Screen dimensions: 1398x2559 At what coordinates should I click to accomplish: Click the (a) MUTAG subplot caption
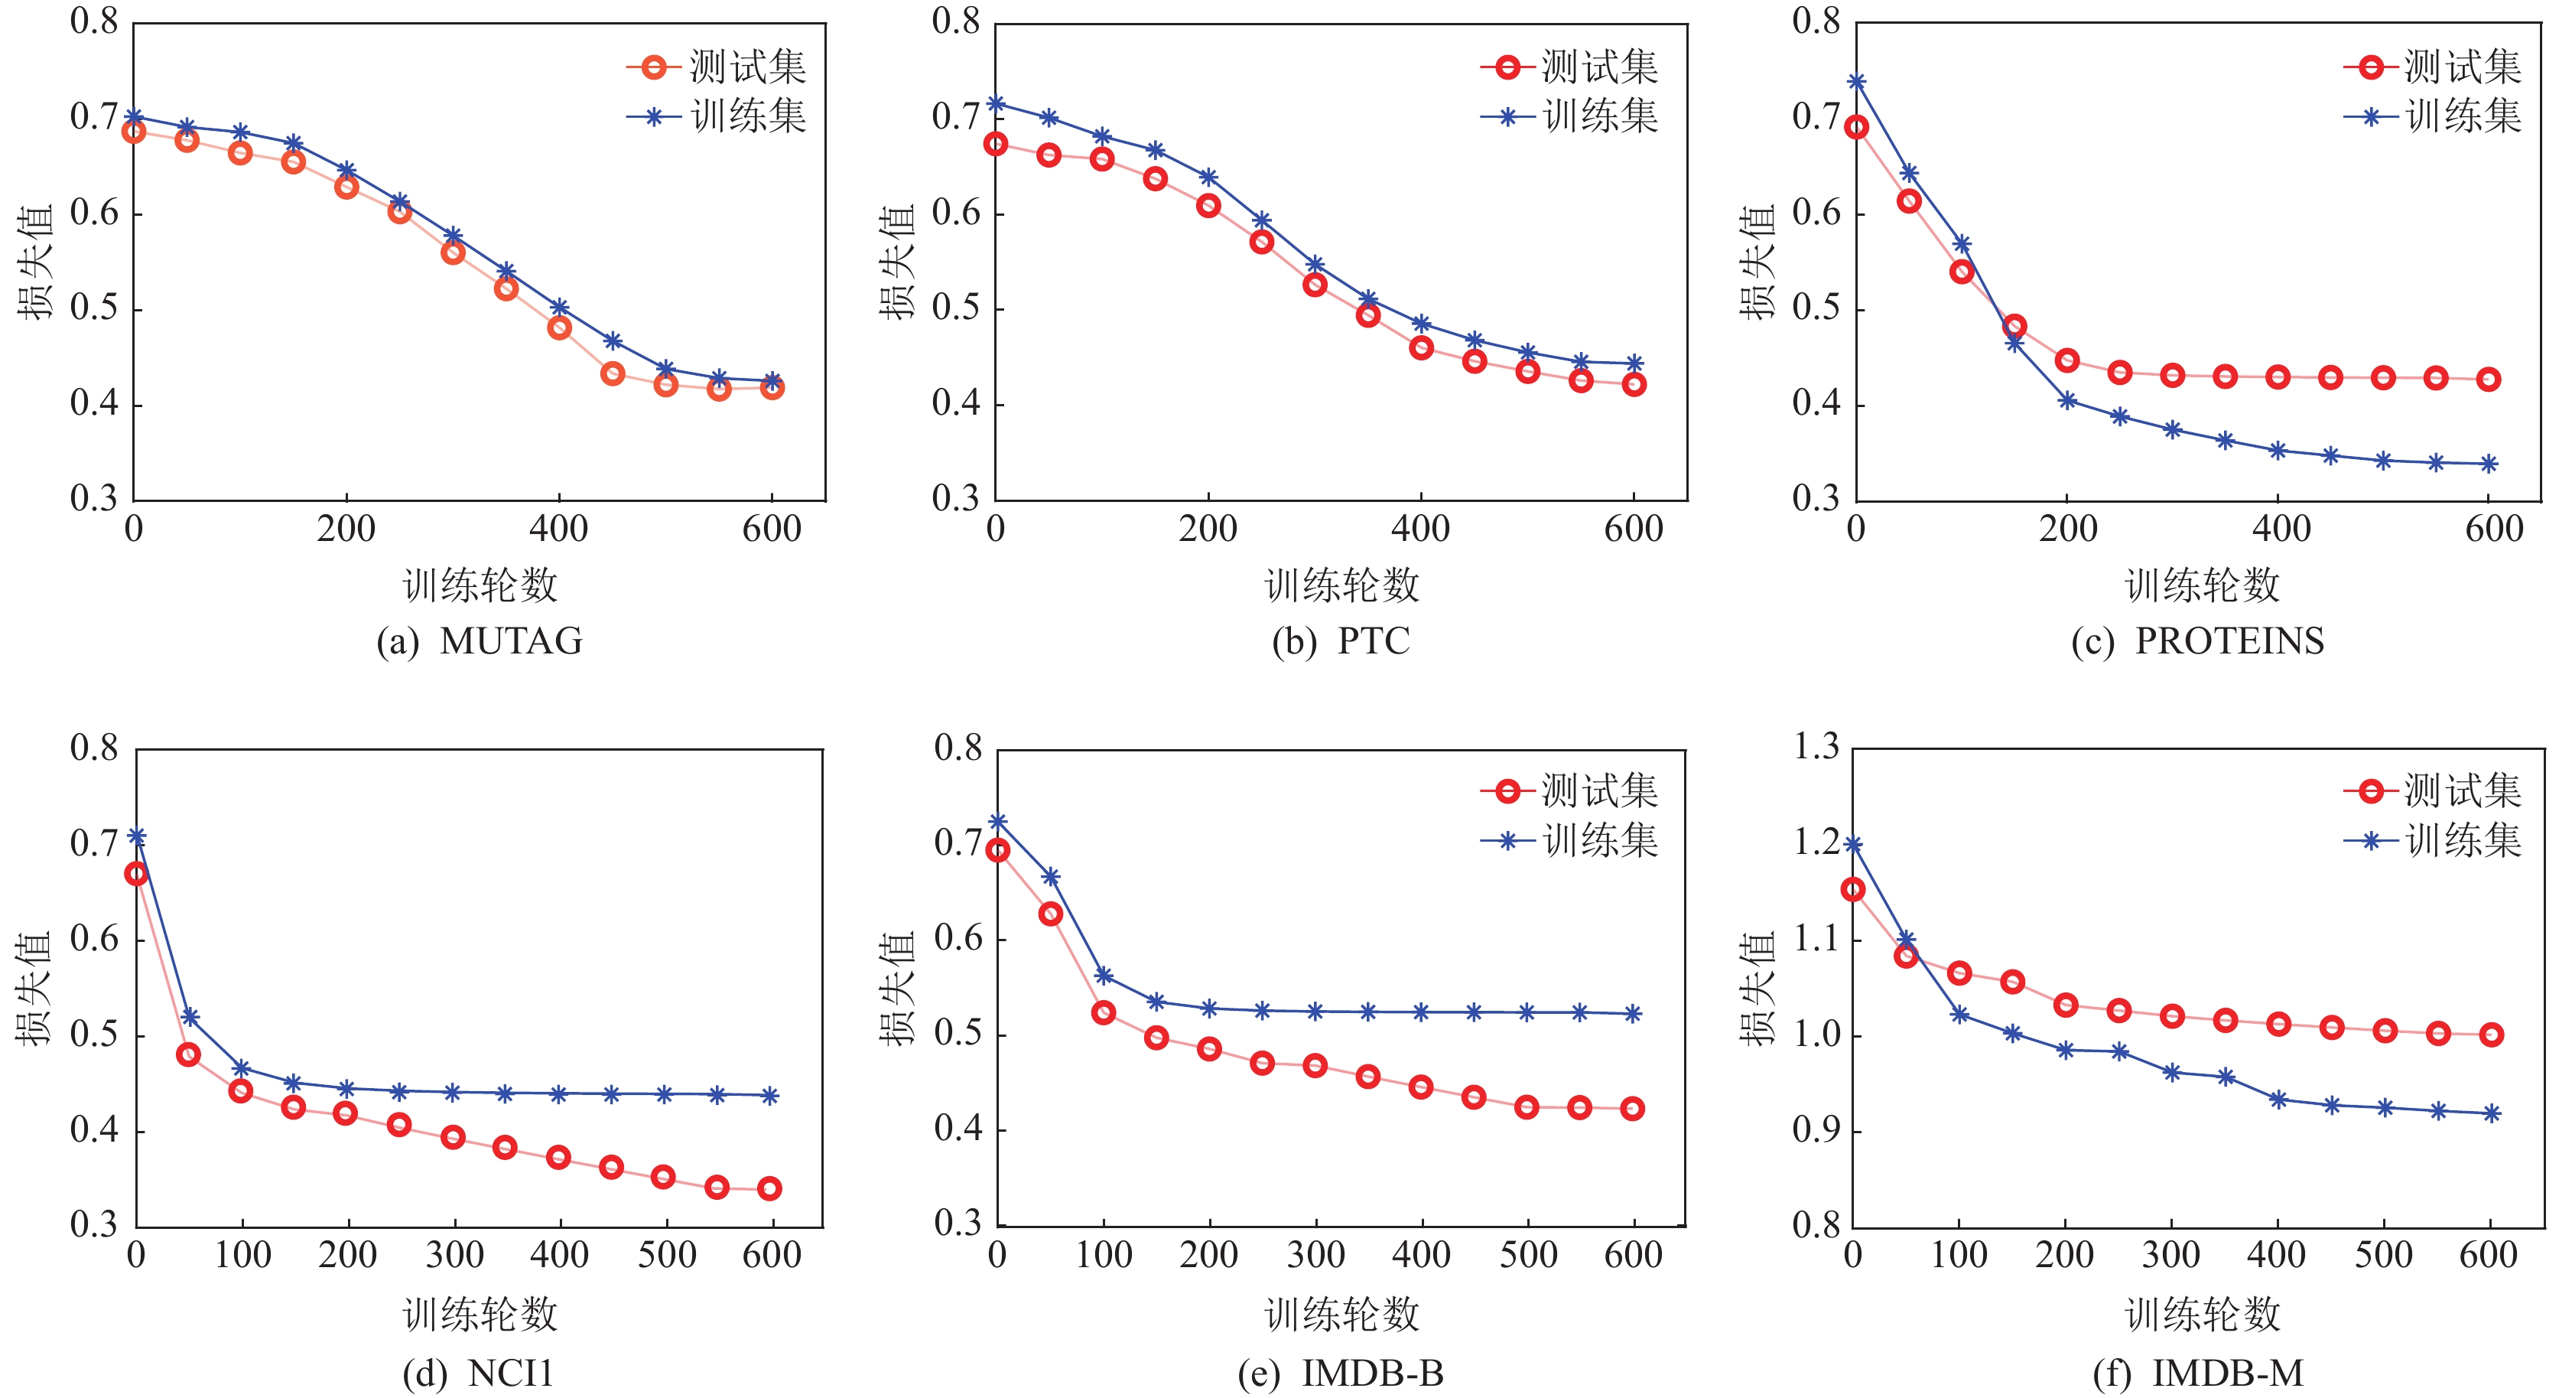point(479,641)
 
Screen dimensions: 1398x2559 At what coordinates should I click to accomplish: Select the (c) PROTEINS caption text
point(2197,641)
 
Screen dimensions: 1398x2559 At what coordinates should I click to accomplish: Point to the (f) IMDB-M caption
point(2197,1374)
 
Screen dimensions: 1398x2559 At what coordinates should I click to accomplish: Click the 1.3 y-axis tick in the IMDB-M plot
point(1815,746)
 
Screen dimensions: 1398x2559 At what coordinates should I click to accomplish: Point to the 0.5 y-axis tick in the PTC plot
point(956,308)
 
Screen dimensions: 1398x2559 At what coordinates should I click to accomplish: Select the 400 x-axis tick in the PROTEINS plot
point(2281,529)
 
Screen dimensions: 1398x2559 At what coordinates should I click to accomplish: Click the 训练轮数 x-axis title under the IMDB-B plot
point(1342,1315)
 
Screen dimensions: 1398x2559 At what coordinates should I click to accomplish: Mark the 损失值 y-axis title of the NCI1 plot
point(34,988)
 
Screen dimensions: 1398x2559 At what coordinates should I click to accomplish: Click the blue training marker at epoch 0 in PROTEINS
point(1855,81)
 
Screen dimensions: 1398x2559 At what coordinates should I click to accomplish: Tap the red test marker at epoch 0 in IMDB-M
point(1852,889)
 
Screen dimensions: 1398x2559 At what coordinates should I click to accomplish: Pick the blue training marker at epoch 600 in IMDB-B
point(1632,1013)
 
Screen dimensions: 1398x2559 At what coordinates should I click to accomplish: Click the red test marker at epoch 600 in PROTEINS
point(2489,379)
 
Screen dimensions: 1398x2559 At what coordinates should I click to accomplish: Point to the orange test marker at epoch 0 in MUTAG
point(134,131)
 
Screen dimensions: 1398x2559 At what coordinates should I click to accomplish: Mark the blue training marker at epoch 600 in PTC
point(1634,363)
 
